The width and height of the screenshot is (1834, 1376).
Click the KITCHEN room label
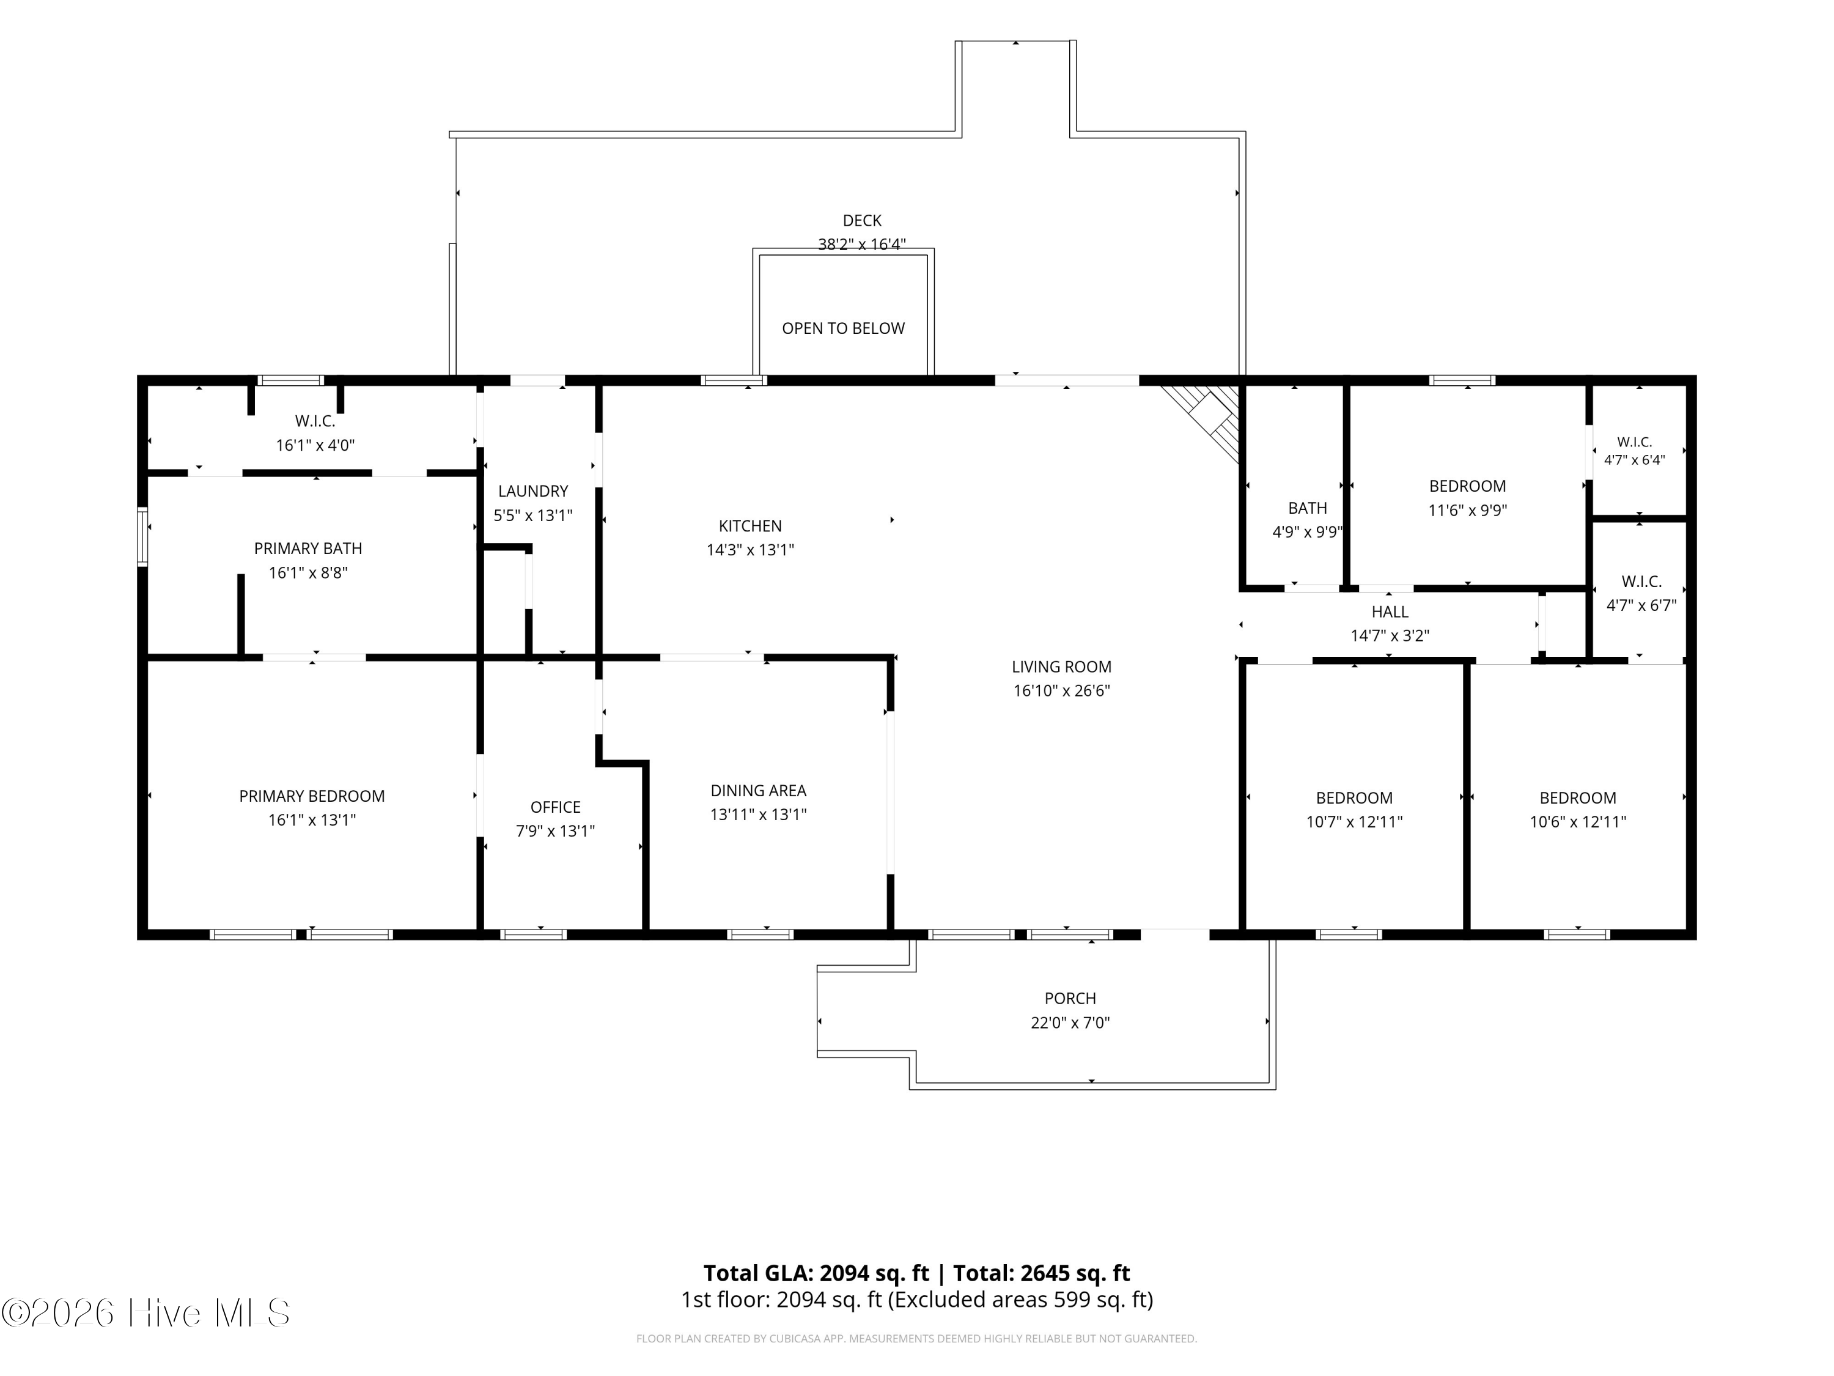pos(749,526)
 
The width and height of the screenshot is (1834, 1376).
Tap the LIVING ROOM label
pos(1061,667)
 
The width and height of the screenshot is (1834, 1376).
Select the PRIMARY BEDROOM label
pos(312,796)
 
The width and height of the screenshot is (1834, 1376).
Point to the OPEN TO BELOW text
pos(843,328)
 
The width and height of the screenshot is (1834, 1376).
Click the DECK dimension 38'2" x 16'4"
pos(861,244)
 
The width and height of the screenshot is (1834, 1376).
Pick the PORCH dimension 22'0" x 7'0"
pos(1070,1023)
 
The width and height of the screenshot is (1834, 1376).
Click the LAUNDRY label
pos(532,491)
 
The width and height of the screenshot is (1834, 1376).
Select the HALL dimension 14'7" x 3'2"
pos(1390,635)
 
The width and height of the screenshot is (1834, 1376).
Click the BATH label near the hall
pos(1308,508)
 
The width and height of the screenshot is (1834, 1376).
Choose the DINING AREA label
pos(758,790)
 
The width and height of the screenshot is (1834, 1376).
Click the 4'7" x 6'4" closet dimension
pos(1634,459)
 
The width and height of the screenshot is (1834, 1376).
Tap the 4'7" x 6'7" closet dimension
pos(1641,605)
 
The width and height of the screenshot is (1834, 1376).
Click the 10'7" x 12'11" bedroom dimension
pos(1354,822)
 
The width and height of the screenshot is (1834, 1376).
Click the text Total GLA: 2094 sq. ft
pos(816,1273)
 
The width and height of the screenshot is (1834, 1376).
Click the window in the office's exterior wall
pos(533,934)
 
